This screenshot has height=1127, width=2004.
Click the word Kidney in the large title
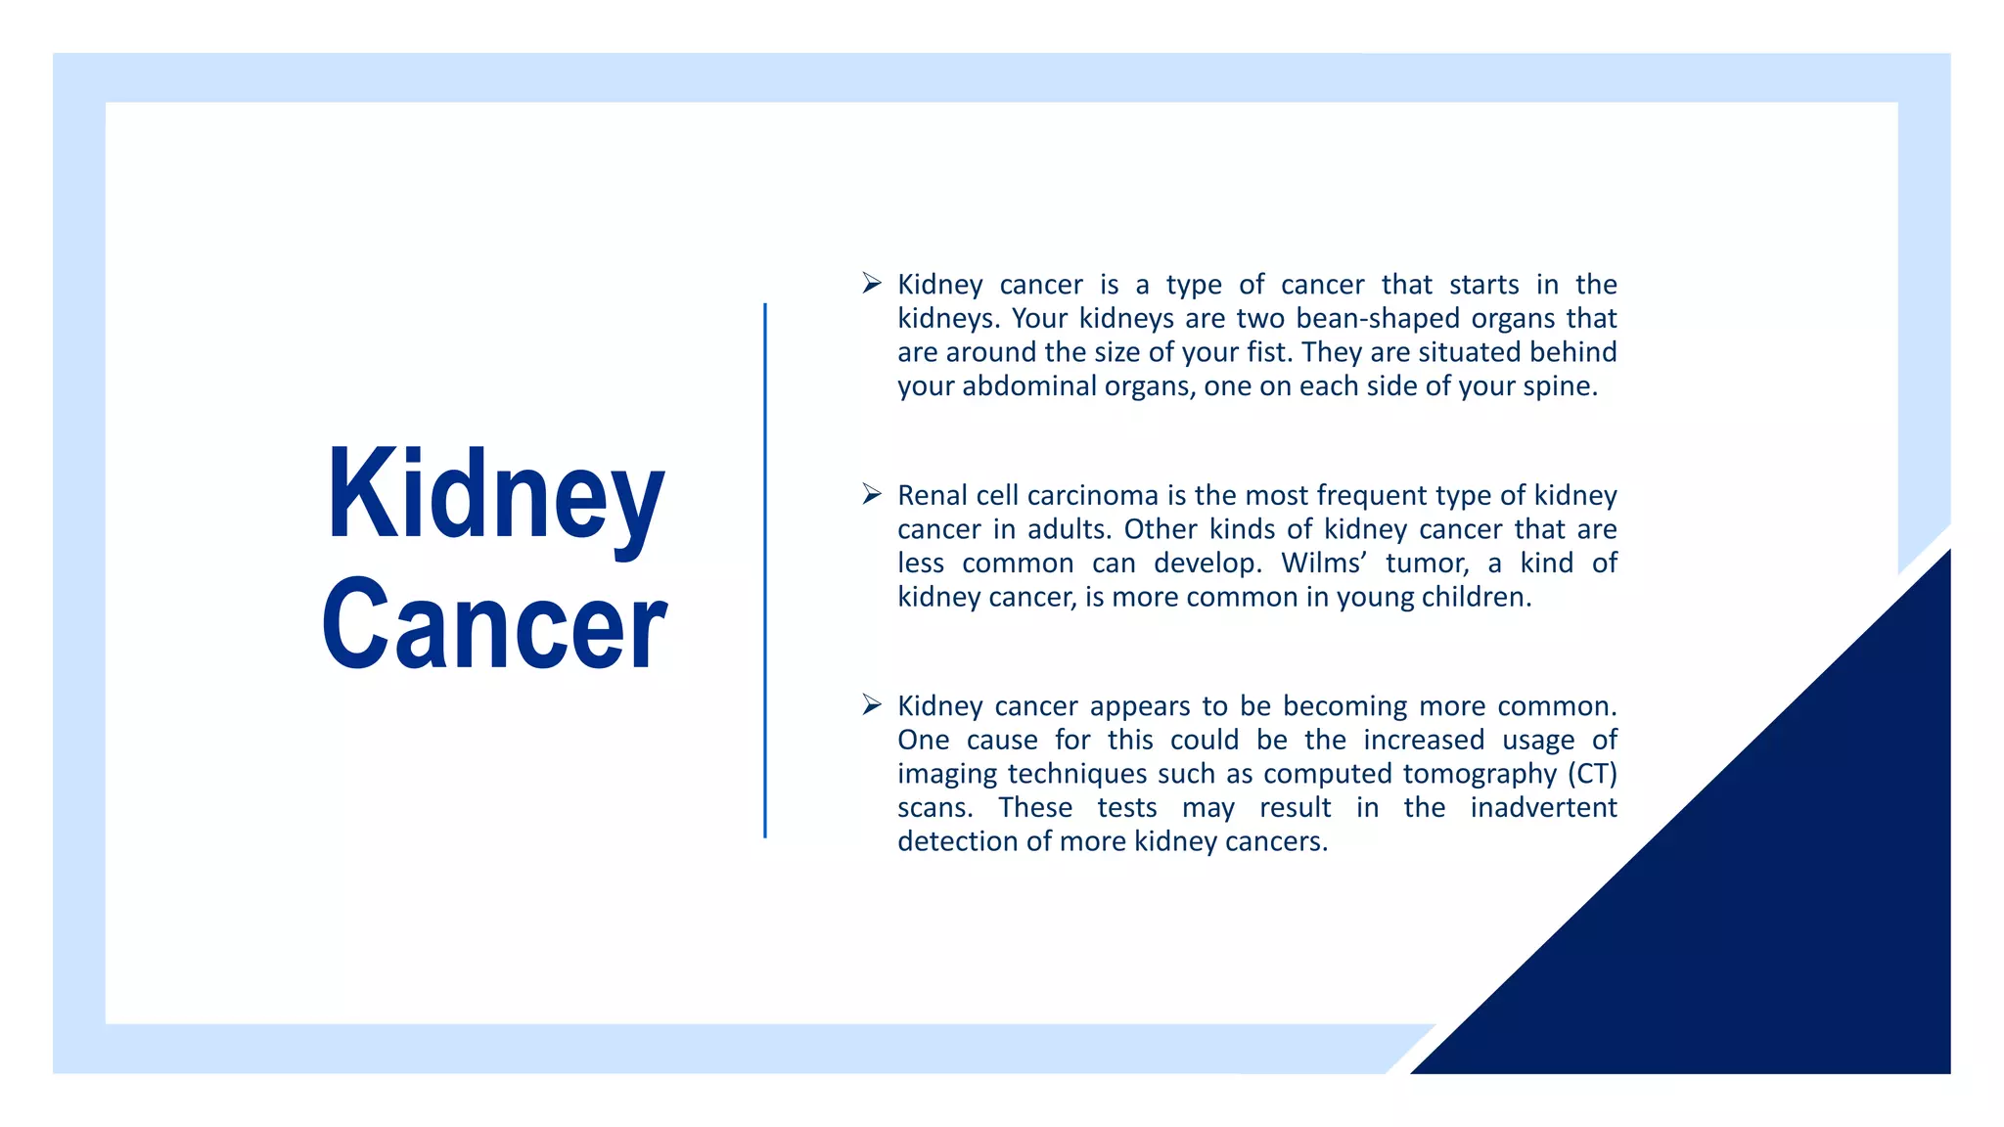[495, 496]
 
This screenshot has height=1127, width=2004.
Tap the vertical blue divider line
[765, 570]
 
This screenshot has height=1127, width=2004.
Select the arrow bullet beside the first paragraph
[872, 284]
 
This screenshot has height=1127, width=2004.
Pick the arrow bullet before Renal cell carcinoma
[872, 495]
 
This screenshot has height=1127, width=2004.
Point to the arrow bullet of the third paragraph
[872, 705]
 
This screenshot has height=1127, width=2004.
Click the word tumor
[1427, 563]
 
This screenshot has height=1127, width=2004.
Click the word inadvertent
[1543, 808]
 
